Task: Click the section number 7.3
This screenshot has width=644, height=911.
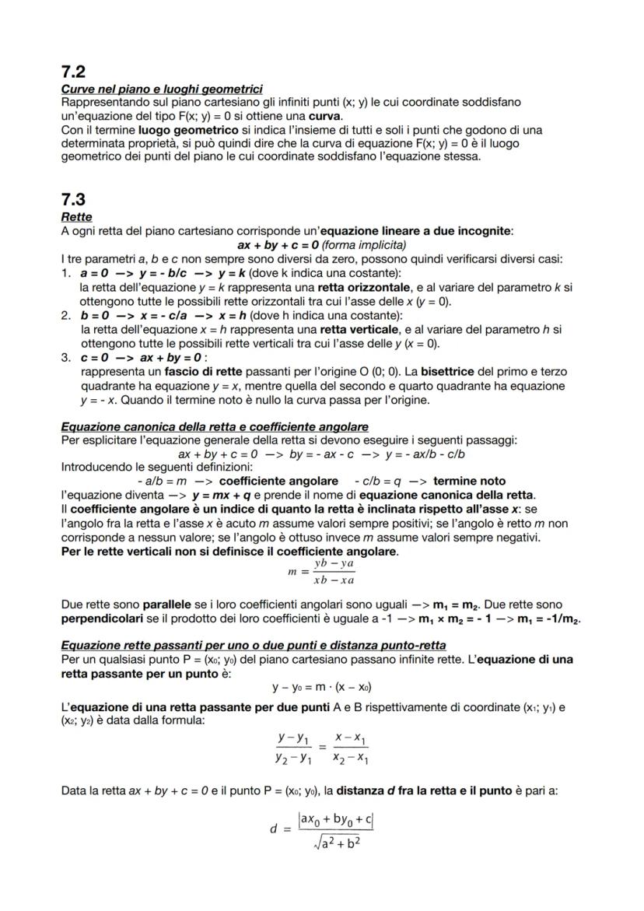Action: [x=73, y=199]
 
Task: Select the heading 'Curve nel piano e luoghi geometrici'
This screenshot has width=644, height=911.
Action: [x=161, y=89]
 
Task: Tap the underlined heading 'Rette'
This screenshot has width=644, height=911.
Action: [x=75, y=217]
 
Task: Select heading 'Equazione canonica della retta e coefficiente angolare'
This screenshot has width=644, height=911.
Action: [x=214, y=426]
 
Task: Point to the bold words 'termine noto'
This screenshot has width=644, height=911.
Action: [x=469, y=481]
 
